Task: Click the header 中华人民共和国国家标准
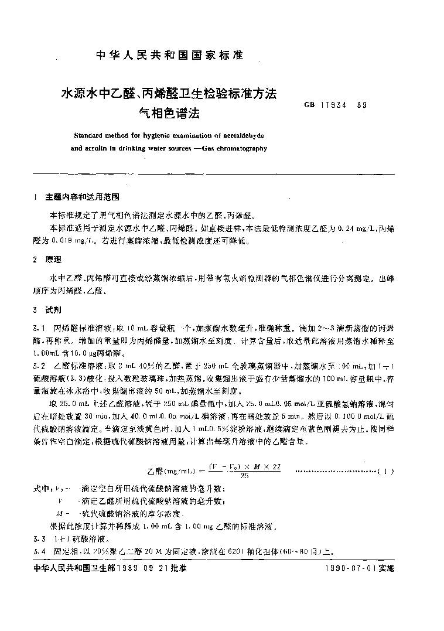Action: point(169,56)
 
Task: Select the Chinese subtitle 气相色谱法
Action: point(163,112)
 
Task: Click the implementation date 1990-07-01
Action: point(347,569)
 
